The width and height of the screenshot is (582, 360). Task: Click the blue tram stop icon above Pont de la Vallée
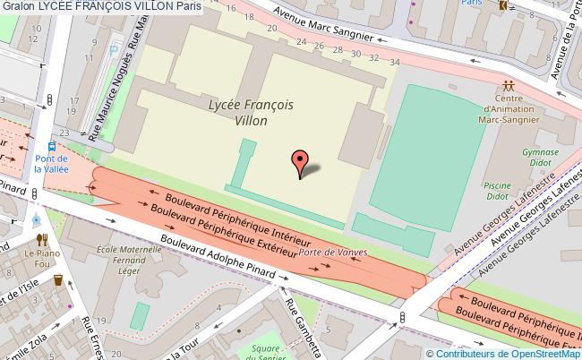tap(52, 148)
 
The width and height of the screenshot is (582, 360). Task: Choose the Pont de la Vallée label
tap(51, 162)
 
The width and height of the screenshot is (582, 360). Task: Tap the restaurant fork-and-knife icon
tap(41, 239)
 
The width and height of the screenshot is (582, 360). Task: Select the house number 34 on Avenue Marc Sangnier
tap(395, 61)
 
